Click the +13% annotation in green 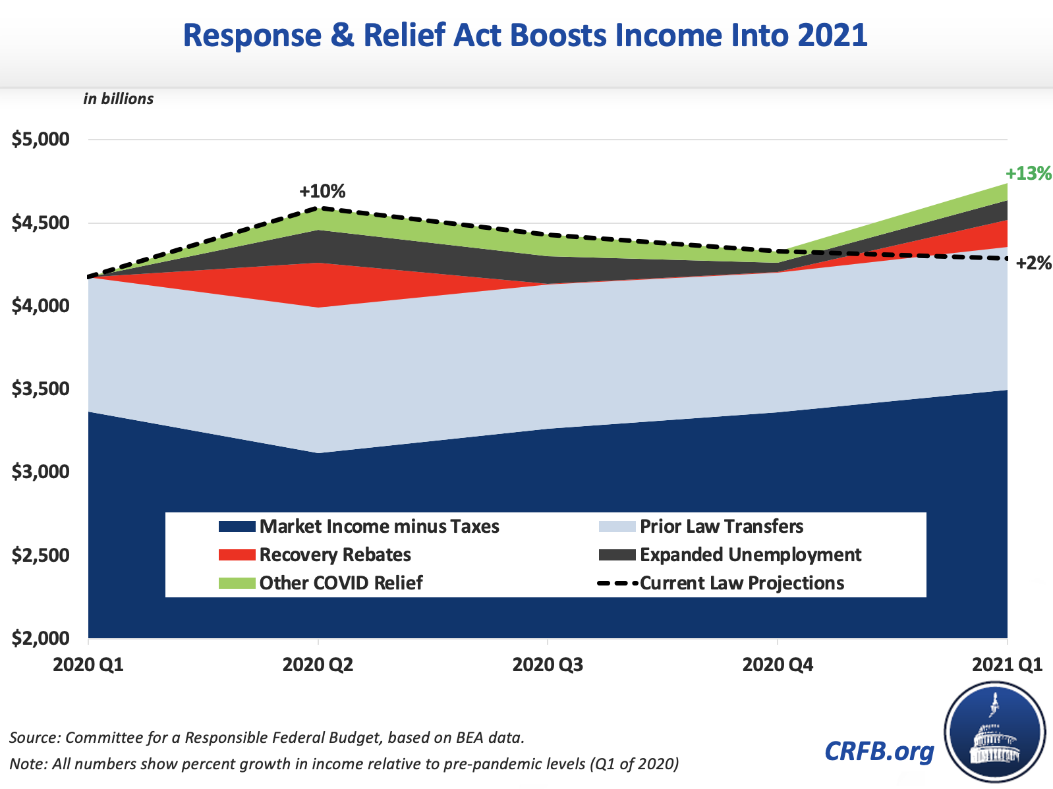click(x=1028, y=174)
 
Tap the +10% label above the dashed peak click(x=322, y=192)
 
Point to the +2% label click(x=1033, y=263)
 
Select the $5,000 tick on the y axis click(x=41, y=140)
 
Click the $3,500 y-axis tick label click(x=41, y=389)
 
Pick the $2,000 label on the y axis click(x=41, y=638)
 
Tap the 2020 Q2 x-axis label click(x=318, y=665)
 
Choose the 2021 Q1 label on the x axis click(x=1008, y=665)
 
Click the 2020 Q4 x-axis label click(x=778, y=665)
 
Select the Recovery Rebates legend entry click(x=335, y=555)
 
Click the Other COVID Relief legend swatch click(x=237, y=583)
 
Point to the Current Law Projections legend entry click(x=742, y=583)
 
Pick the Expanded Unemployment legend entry click(x=750, y=555)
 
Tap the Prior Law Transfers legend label click(x=722, y=526)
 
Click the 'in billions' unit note click(x=119, y=99)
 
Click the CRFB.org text click(x=879, y=750)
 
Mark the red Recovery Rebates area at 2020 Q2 click(x=319, y=285)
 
